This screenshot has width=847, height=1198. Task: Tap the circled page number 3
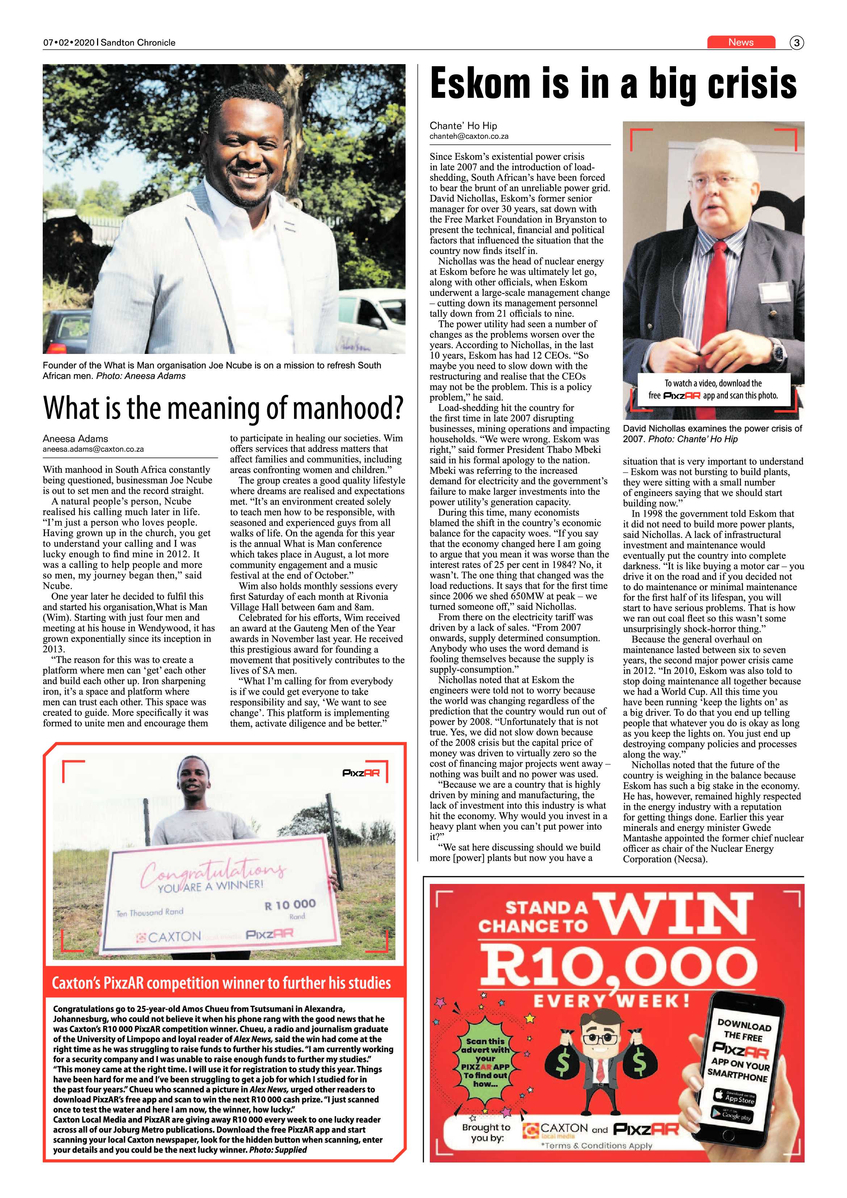[796, 43]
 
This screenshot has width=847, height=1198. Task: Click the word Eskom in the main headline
[480, 84]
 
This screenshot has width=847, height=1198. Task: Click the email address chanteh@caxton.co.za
[468, 136]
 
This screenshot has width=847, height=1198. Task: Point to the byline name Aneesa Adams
[75, 439]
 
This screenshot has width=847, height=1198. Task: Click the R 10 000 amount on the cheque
[290, 904]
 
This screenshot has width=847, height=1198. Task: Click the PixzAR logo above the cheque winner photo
[361, 773]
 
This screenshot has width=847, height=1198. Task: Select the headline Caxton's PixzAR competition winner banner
[221, 984]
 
